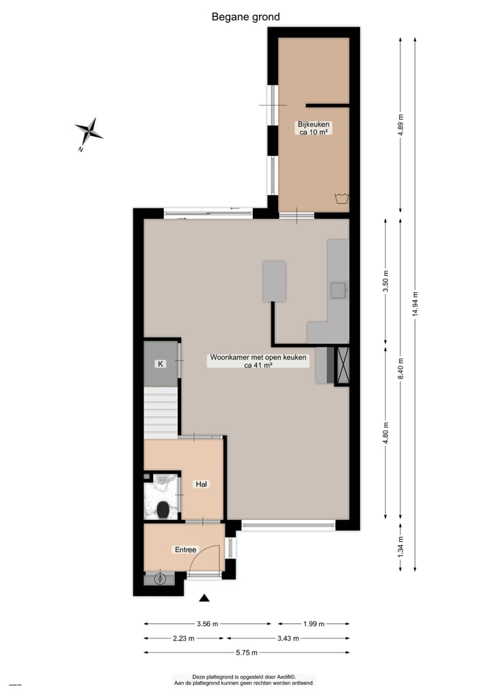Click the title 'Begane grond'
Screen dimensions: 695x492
(245, 17)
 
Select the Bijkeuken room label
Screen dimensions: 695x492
(314, 128)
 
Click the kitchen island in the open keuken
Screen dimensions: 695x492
(275, 281)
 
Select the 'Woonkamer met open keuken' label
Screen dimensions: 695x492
(258, 361)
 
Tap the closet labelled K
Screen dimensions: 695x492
(161, 364)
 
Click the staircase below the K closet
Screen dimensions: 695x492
(161, 413)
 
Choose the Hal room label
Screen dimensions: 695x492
(202, 484)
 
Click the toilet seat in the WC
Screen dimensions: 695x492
(163, 509)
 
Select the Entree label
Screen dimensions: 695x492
(185, 549)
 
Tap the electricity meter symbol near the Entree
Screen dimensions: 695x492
(161, 580)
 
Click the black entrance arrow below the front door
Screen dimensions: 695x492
(204, 599)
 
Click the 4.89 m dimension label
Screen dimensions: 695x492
(401, 125)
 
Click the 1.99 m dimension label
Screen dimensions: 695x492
(313, 623)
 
